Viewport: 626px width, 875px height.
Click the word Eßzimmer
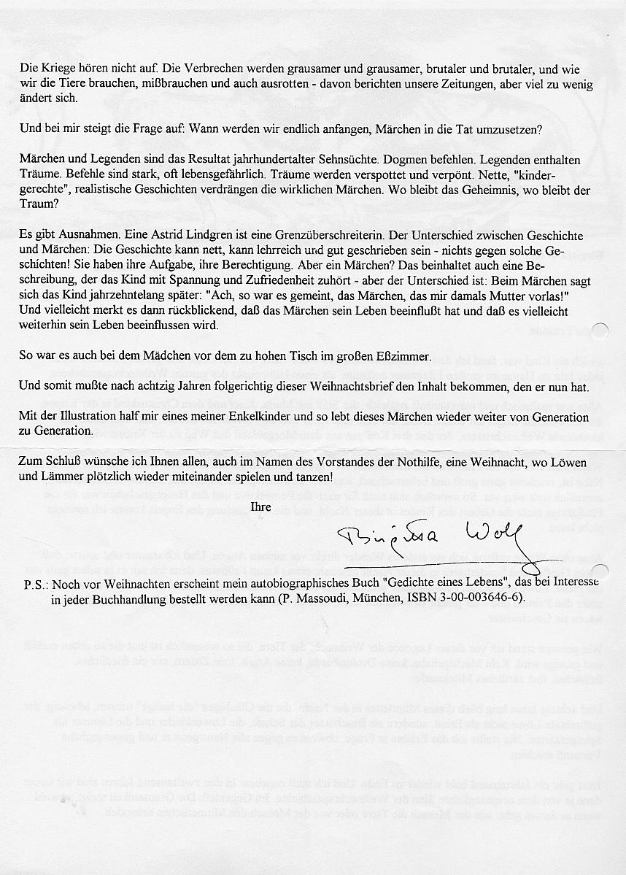tap(403, 357)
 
